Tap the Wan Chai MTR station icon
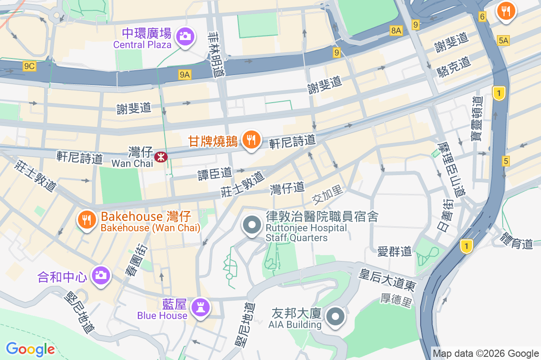pyautogui.click(x=160, y=157)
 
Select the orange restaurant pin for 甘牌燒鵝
pyautogui.click(x=251, y=140)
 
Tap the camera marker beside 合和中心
pyautogui.click(x=100, y=275)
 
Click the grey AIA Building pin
pyautogui.click(x=335, y=317)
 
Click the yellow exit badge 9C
pyautogui.click(x=29, y=67)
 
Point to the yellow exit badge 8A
pyautogui.click(x=396, y=30)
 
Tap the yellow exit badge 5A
pyautogui.click(x=503, y=41)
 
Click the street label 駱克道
pyautogui.click(x=454, y=66)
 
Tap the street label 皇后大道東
pyautogui.click(x=387, y=279)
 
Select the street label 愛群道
pyautogui.click(x=395, y=251)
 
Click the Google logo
pyautogui.click(x=30, y=349)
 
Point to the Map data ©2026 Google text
pyautogui.click(x=486, y=353)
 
